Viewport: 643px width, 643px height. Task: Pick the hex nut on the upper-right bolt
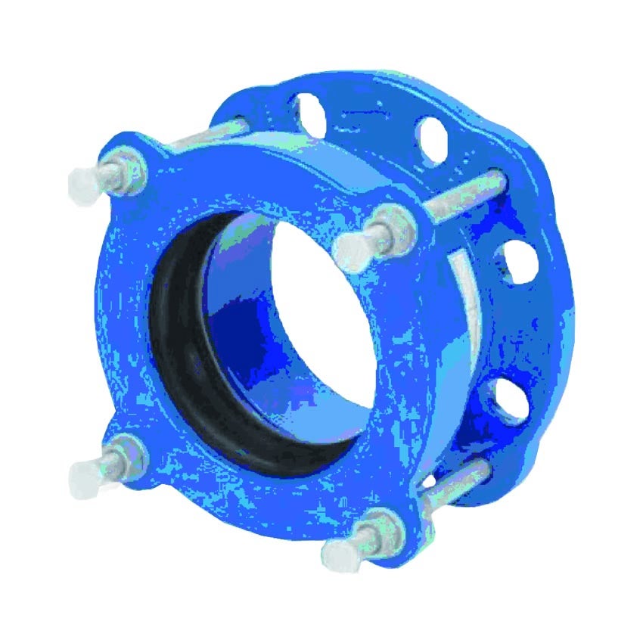(393, 224)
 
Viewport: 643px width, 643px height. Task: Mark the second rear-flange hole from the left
(430, 137)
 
